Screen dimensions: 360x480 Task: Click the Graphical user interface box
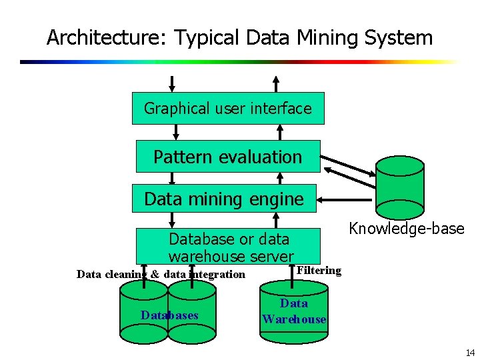coord(228,108)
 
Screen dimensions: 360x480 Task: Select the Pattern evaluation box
coord(228,157)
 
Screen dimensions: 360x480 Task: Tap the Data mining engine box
coord(224,199)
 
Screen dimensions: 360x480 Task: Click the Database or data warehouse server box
coord(230,247)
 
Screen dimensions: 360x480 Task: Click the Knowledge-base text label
coord(407,229)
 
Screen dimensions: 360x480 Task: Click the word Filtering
coord(319,271)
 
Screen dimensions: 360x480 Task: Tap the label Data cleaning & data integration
coord(161,275)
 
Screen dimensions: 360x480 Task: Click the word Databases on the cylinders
coord(169,315)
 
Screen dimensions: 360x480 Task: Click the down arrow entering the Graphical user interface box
coord(173,83)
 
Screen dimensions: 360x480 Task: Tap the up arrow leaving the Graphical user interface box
coord(279,83)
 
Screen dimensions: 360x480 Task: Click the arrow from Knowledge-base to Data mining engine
coord(347,199)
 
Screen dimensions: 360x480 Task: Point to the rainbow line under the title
coord(240,62)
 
